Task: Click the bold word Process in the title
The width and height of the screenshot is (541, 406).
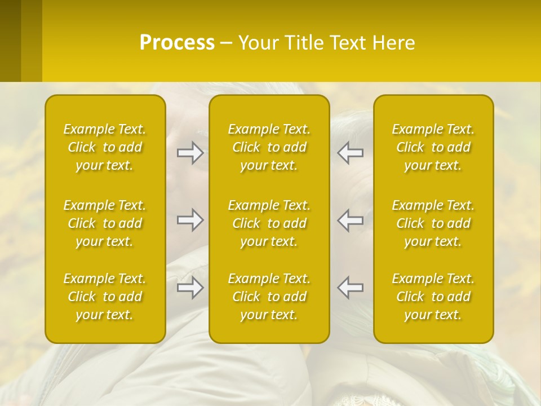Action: coord(177,43)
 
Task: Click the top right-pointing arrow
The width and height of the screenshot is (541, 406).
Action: coord(190,152)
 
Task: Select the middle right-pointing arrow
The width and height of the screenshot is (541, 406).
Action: coord(190,219)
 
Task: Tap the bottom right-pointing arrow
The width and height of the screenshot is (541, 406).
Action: coord(190,288)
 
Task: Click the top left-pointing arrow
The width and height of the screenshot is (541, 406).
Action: coord(351,152)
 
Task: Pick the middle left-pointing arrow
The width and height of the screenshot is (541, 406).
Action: coord(351,219)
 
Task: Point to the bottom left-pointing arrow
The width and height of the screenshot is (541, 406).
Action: coord(351,288)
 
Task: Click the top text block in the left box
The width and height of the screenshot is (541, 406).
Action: coord(105,147)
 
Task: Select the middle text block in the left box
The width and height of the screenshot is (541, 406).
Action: coord(105,223)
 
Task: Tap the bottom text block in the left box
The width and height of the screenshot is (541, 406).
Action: coord(105,297)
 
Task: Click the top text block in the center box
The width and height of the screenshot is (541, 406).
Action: coord(269,147)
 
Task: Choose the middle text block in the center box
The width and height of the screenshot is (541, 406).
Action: coord(269,223)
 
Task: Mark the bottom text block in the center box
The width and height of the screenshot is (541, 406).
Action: coord(269,297)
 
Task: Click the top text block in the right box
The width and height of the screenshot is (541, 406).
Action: coord(433,147)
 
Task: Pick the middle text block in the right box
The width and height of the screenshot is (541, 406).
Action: coord(433,223)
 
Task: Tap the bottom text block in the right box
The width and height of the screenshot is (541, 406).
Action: coord(433,297)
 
